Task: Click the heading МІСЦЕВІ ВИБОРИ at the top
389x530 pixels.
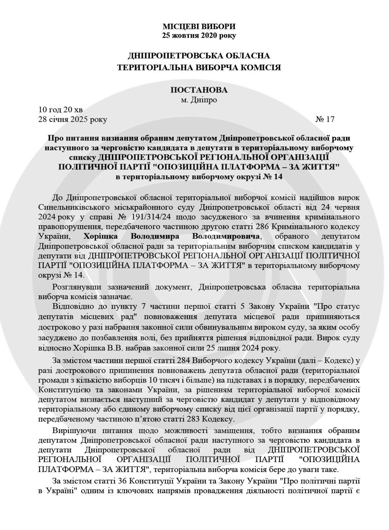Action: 199,26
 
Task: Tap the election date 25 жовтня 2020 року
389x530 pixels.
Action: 199,35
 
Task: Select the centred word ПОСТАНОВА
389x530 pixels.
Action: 199,90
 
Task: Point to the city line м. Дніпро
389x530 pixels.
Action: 199,100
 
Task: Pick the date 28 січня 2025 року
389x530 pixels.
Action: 73,119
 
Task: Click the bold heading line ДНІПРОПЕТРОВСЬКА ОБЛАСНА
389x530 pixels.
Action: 199,56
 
